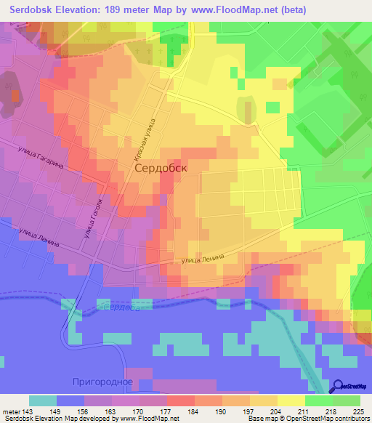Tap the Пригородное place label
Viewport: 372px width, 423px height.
pyautogui.click(x=102, y=382)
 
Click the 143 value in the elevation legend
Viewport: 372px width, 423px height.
pyautogui.click(x=28, y=411)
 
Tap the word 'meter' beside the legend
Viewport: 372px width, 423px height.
pyautogui.click(x=11, y=411)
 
